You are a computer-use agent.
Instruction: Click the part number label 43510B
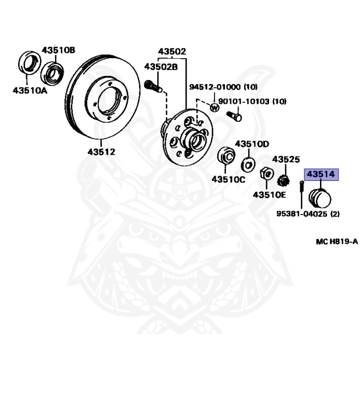(x=58, y=50)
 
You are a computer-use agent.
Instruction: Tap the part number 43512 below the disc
(x=101, y=152)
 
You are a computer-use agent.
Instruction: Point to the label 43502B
(x=161, y=66)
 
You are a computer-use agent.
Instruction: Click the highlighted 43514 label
(x=320, y=175)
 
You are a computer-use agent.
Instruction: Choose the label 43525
(x=286, y=159)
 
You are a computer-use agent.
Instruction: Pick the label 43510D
(x=252, y=143)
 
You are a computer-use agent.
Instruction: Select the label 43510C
(x=228, y=179)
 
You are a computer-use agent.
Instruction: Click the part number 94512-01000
(x=215, y=87)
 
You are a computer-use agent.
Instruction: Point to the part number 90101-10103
(x=243, y=101)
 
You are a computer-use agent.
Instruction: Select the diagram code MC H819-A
(x=337, y=242)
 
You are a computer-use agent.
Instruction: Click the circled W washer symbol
(x=214, y=108)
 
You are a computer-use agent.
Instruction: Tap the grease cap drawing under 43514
(x=320, y=198)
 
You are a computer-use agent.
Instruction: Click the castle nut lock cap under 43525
(x=284, y=181)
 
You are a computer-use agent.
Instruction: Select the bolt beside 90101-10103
(x=234, y=116)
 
